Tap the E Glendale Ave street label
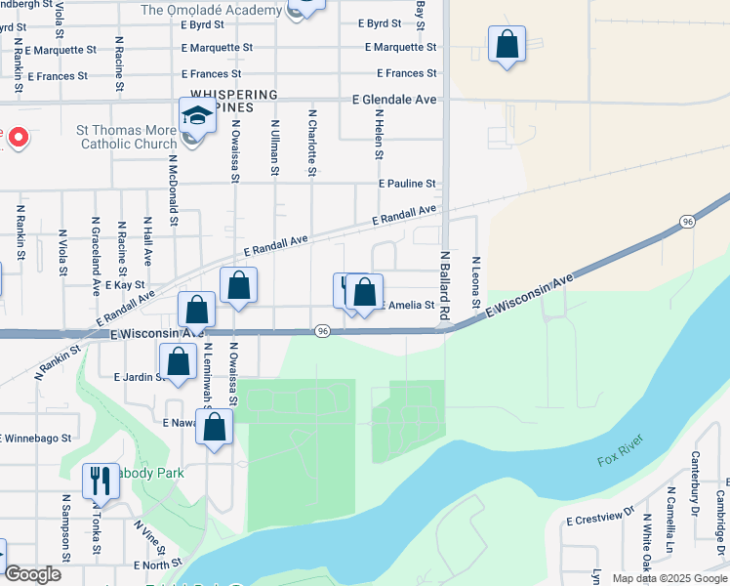[394, 100]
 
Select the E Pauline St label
[407, 184]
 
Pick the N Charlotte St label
[312, 143]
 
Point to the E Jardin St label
[137, 376]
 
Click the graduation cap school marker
[197, 118]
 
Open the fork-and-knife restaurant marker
[101, 481]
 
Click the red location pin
[17, 138]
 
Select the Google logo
[33, 574]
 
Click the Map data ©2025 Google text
[669, 578]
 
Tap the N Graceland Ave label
[96, 256]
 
